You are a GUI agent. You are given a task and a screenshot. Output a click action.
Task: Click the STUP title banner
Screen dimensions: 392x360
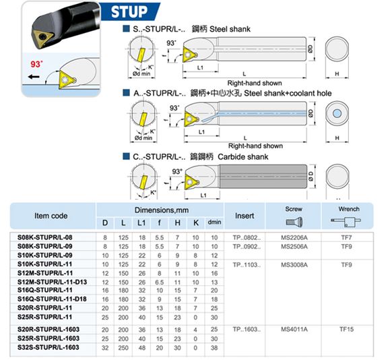point(130,11)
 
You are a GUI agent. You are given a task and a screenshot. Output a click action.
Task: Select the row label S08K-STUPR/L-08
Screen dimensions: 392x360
point(44,237)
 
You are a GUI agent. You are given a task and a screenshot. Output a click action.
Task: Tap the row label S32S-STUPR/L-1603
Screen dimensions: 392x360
point(48,347)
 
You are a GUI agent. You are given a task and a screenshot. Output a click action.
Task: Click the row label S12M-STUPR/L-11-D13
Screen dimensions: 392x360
point(52,282)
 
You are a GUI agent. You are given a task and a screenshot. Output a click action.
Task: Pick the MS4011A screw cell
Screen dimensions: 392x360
point(294,329)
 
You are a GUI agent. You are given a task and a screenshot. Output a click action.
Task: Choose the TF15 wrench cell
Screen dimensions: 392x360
point(346,329)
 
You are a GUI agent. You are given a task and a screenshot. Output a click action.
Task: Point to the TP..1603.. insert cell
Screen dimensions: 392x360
point(247,329)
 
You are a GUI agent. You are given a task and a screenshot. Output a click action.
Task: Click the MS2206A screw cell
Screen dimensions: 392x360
point(294,237)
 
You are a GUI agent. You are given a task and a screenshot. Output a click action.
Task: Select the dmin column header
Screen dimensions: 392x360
point(214,222)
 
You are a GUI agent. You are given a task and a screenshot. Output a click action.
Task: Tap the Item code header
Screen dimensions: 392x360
point(51,216)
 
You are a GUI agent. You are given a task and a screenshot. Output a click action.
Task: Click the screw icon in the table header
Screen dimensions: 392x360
point(294,222)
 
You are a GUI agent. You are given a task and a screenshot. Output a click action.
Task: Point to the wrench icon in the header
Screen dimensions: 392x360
point(346,222)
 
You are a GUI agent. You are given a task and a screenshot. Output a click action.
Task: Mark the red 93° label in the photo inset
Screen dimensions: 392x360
point(36,64)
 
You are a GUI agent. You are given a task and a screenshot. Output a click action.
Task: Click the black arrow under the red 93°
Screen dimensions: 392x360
point(34,77)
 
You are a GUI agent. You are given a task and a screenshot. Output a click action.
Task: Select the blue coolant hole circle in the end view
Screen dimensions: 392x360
point(337,113)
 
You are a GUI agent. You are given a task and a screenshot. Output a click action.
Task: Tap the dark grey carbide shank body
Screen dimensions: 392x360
point(263,177)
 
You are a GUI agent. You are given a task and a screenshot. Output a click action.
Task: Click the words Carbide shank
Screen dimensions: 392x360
point(242,157)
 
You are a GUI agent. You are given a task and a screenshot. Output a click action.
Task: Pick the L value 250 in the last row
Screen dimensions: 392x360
point(123,348)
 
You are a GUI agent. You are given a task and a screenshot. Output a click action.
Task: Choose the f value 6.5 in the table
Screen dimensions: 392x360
point(159,282)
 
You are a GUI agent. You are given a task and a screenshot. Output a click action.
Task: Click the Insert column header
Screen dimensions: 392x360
point(244,216)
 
